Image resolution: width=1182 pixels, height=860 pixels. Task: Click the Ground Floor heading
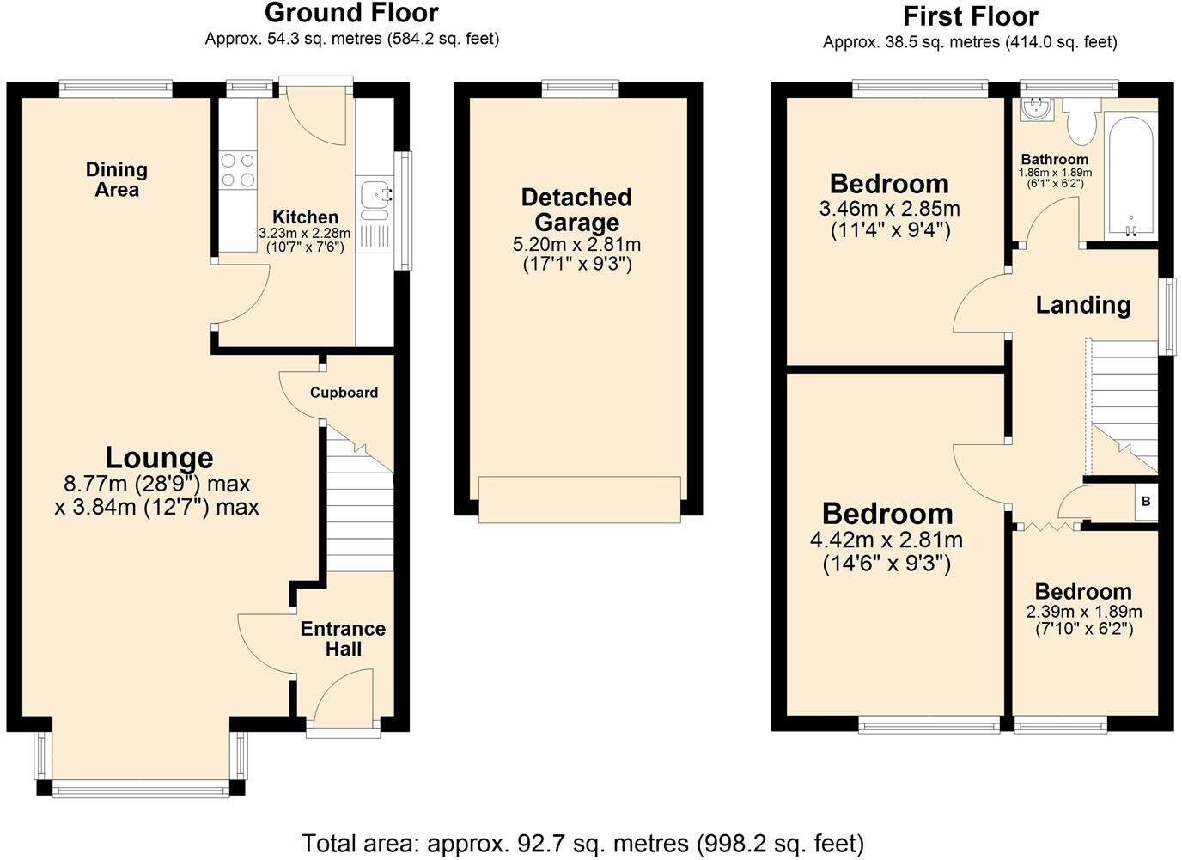coord(351,13)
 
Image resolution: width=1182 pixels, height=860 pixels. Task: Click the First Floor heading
coord(970,16)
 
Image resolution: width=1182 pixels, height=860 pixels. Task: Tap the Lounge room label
coord(159,458)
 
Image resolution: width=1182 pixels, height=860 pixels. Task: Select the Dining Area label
coord(117,180)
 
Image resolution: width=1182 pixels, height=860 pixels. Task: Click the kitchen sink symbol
coord(375,195)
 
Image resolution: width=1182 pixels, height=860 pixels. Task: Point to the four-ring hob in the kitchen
coord(238,169)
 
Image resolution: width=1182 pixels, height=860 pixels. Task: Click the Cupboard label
coord(344,393)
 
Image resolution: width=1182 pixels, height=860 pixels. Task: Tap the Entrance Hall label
coord(343,638)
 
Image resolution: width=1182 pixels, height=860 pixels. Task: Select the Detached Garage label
coord(576,210)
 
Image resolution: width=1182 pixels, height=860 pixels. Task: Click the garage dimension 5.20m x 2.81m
coord(576,245)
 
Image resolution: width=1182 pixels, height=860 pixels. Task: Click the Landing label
coord(1082,305)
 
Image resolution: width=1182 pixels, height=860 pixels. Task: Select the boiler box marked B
coord(1146,502)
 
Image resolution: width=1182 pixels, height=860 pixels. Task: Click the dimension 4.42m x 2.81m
coord(886,540)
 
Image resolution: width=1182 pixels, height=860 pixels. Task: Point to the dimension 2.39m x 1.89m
coord(1084,612)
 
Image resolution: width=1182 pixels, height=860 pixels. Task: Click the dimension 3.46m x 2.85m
coord(889,209)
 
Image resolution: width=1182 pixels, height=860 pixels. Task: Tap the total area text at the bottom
coord(582,844)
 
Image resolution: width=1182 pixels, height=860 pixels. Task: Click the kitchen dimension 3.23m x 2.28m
coord(304,233)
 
